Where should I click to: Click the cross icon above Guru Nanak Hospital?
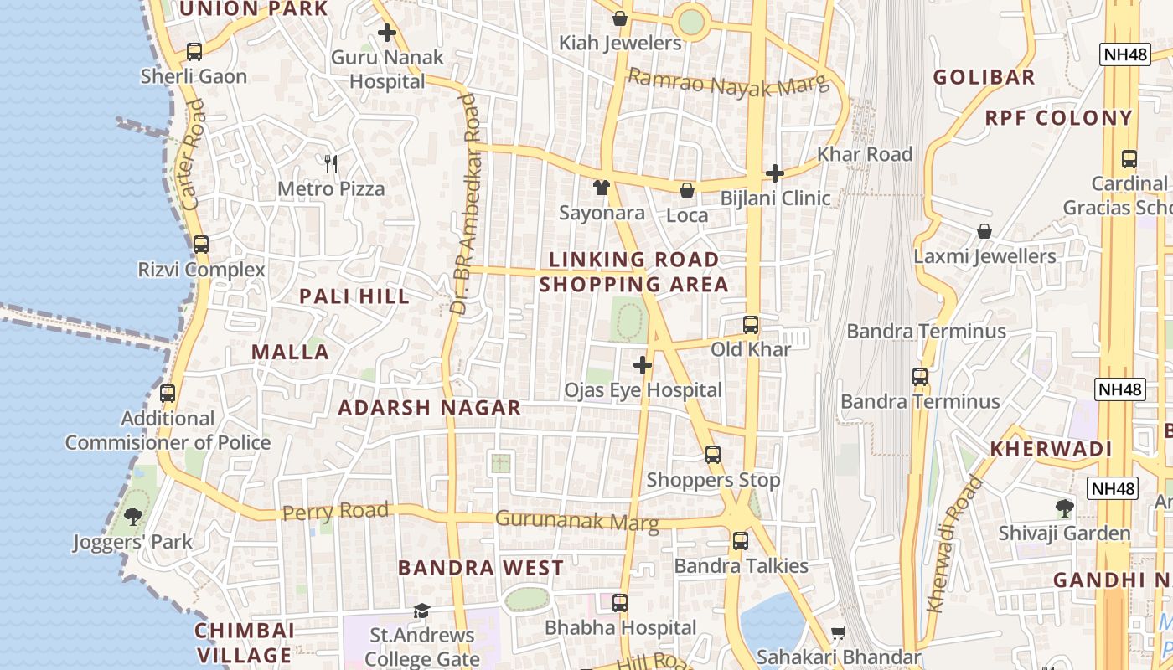pyautogui.click(x=386, y=33)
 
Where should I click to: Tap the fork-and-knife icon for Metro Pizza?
pyautogui.click(x=331, y=163)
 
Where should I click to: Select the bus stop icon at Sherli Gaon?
pyautogui.click(x=194, y=52)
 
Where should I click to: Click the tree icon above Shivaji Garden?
pyautogui.click(x=1064, y=508)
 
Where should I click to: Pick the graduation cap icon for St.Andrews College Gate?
pyautogui.click(x=421, y=611)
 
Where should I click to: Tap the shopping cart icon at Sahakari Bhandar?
pyautogui.click(x=838, y=633)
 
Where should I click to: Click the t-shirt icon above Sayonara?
pyautogui.click(x=601, y=188)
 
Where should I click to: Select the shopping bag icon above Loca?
pyautogui.click(x=687, y=190)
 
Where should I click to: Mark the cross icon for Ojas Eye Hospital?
pyautogui.click(x=643, y=365)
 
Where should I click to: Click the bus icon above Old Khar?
pyautogui.click(x=751, y=325)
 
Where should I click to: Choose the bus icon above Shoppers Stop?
pyautogui.click(x=713, y=455)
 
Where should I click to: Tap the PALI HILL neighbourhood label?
pyautogui.click(x=354, y=296)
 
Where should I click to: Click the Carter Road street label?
pyautogui.click(x=192, y=155)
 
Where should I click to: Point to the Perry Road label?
pyautogui.click(x=335, y=511)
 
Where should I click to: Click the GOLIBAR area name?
pyautogui.click(x=984, y=78)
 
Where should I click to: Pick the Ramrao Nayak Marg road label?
pyautogui.click(x=727, y=83)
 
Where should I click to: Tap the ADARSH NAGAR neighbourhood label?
pyautogui.click(x=429, y=409)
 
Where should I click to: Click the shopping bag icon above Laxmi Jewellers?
pyautogui.click(x=984, y=231)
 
